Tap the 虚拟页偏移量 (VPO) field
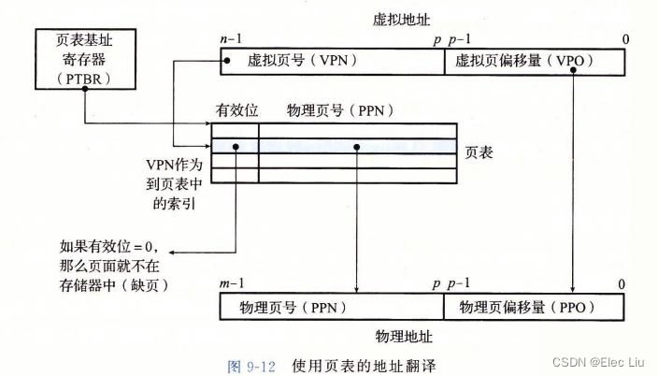[536, 62]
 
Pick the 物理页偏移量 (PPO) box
[536, 307]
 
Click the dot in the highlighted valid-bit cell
[236, 147]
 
